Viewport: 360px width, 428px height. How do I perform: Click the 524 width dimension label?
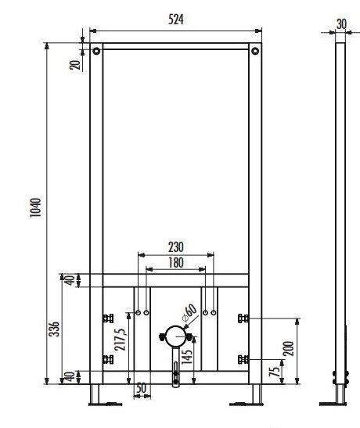click(176, 20)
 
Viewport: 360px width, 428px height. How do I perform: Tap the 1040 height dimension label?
click(35, 207)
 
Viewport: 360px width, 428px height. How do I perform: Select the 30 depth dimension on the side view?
click(341, 24)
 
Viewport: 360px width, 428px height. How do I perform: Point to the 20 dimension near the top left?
click(75, 65)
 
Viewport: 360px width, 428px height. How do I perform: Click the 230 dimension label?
click(176, 247)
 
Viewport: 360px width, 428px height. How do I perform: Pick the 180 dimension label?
click(176, 263)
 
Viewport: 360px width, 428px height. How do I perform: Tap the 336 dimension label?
click(54, 329)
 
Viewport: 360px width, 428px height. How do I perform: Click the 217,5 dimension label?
click(120, 340)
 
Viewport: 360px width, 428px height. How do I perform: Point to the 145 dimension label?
click(187, 357)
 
